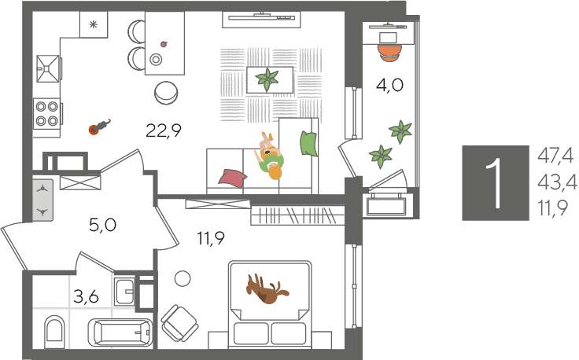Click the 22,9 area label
[164, 130]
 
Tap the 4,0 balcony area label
[389, 85]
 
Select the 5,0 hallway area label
[102, 225]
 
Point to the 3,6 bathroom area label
[86, 296]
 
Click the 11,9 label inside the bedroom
[211, 239]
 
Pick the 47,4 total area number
[555, 156]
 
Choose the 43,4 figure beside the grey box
[557, 182]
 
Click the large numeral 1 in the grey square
[494, 183]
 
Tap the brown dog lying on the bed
[267, 288]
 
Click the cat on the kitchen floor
[100, 127]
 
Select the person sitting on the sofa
[270, 156]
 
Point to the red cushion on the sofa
[233, 177]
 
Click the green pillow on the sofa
[308, 143]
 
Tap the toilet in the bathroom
[54, 329]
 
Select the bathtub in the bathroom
[120, 332]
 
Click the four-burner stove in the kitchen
[46, 114]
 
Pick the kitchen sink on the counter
[48, 68]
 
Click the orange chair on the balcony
[389, 52]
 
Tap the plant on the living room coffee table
[267, 79]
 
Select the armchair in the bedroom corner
[179, 323]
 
